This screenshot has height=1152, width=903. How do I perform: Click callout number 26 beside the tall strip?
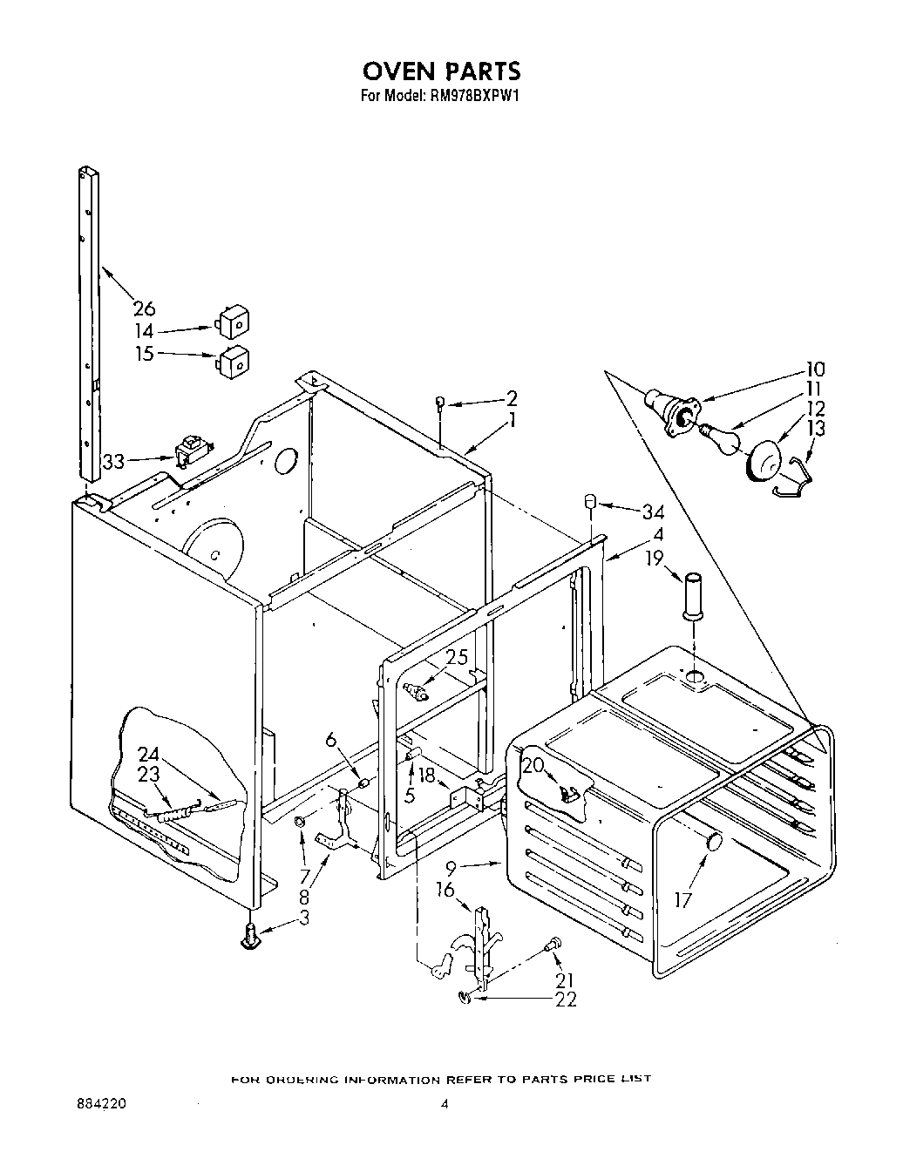click(x=144, y=308)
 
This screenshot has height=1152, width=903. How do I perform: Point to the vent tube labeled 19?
click(x=694, y=595)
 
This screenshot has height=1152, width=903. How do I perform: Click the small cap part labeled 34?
click(x=589, y=503)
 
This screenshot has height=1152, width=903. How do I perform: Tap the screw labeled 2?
click(x=441, y=402)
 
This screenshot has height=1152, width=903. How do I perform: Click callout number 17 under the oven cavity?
click(x=684, y=898)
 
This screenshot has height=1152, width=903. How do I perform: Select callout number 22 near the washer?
click(x=566, y=1000)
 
